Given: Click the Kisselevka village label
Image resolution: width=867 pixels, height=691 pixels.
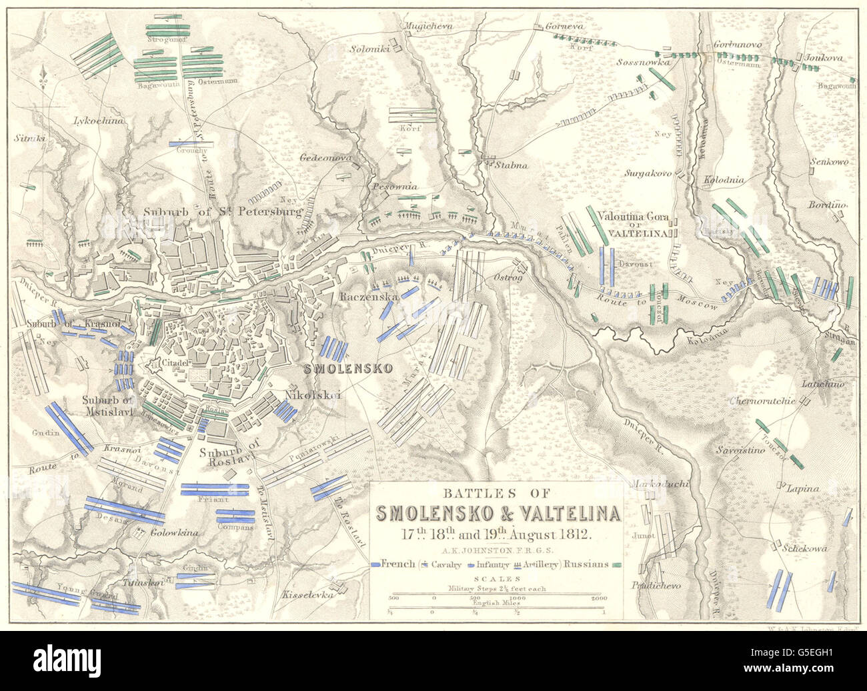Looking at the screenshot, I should click(x=308, y=594).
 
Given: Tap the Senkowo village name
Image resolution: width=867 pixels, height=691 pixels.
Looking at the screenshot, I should click(x=828, y=161).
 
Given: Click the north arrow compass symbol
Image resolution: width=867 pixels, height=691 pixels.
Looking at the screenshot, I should click(x=43, y=75).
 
